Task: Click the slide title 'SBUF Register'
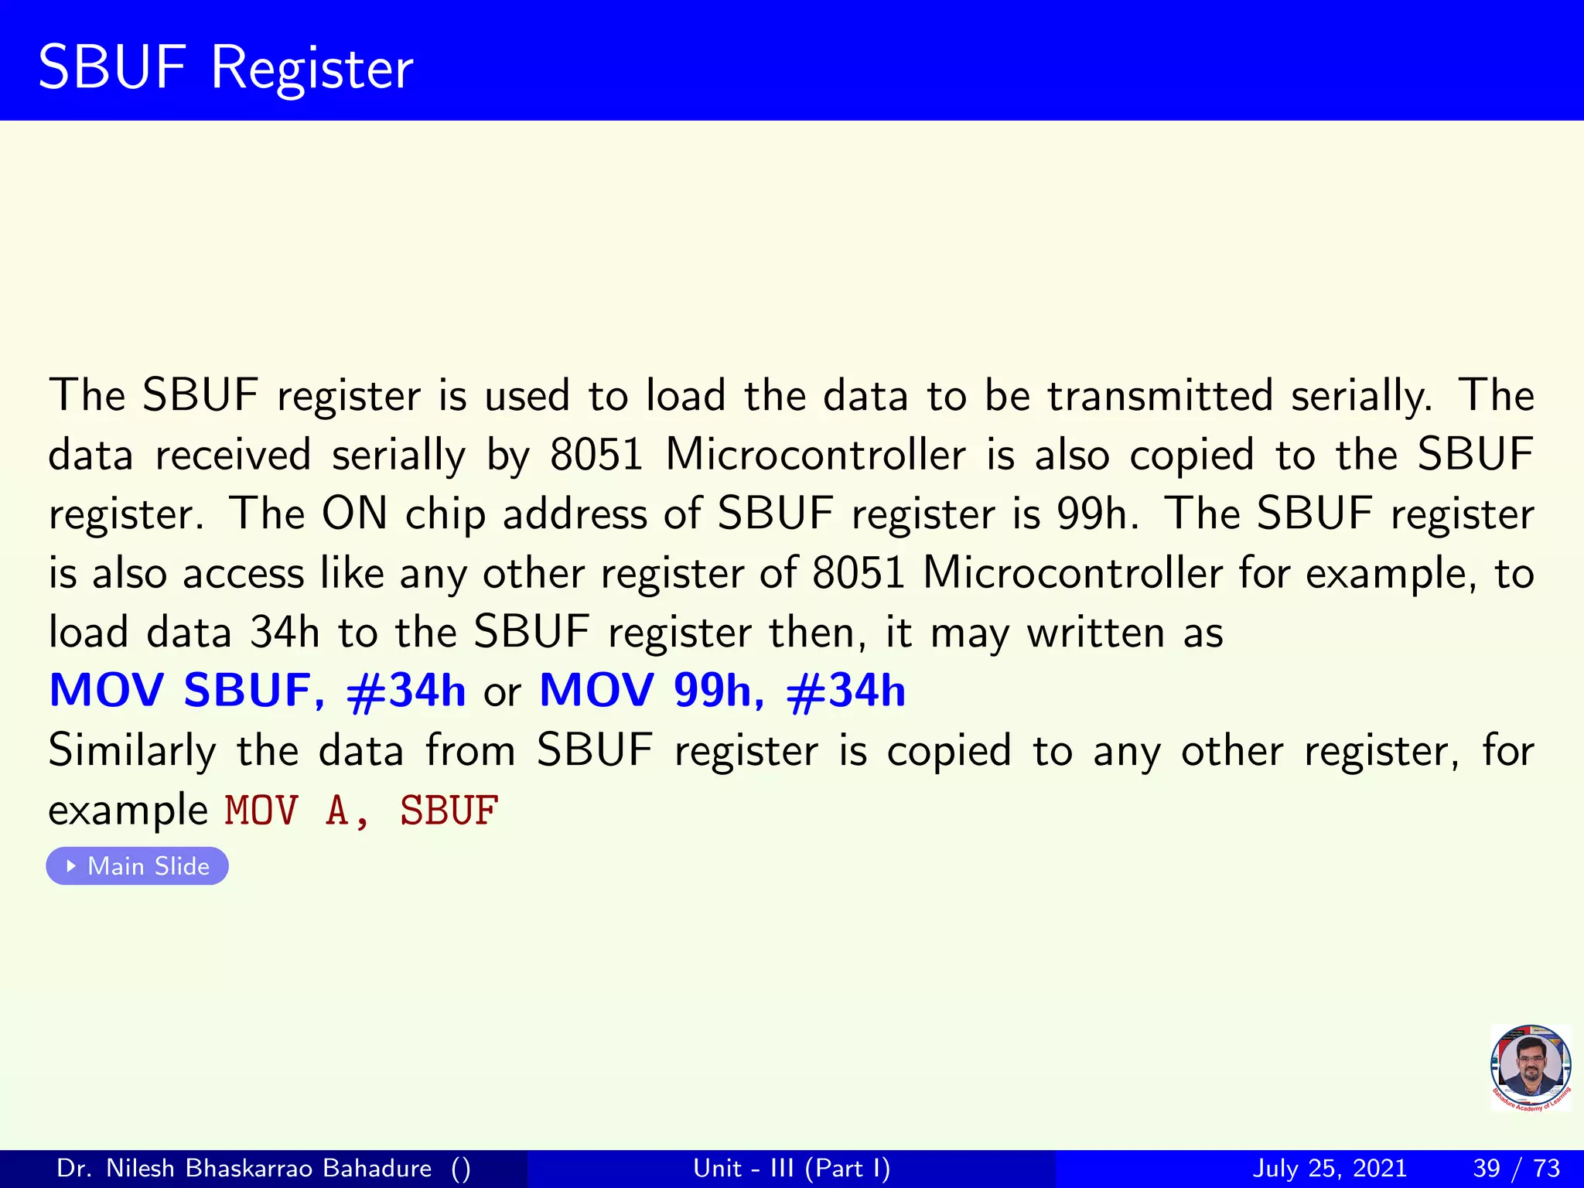click(x=225, y=68)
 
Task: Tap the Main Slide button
click(x=138, y=866)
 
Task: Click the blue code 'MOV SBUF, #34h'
click(x=257, y=691)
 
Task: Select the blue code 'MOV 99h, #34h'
click(x=722, y=691)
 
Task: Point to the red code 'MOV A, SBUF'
click(x=361, y=811)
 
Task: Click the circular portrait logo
click(x=1530, y=1067)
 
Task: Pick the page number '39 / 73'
click(x=1516, y=1168)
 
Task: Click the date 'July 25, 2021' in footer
click(x=1329, y=1168)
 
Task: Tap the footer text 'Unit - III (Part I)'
click(x=791, y=1168)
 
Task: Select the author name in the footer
click(x=244, y=1168)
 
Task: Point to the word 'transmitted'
click(x=1159, y=396)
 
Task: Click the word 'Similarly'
click(x=132, y=751)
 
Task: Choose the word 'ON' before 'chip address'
click(x=354, y=514)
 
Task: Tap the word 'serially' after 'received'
click(x=398, y=456)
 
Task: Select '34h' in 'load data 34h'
click(x=284, y=632)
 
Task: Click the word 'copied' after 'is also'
click(x=1191, y=456)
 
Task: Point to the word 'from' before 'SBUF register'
click(x=470, y=751)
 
